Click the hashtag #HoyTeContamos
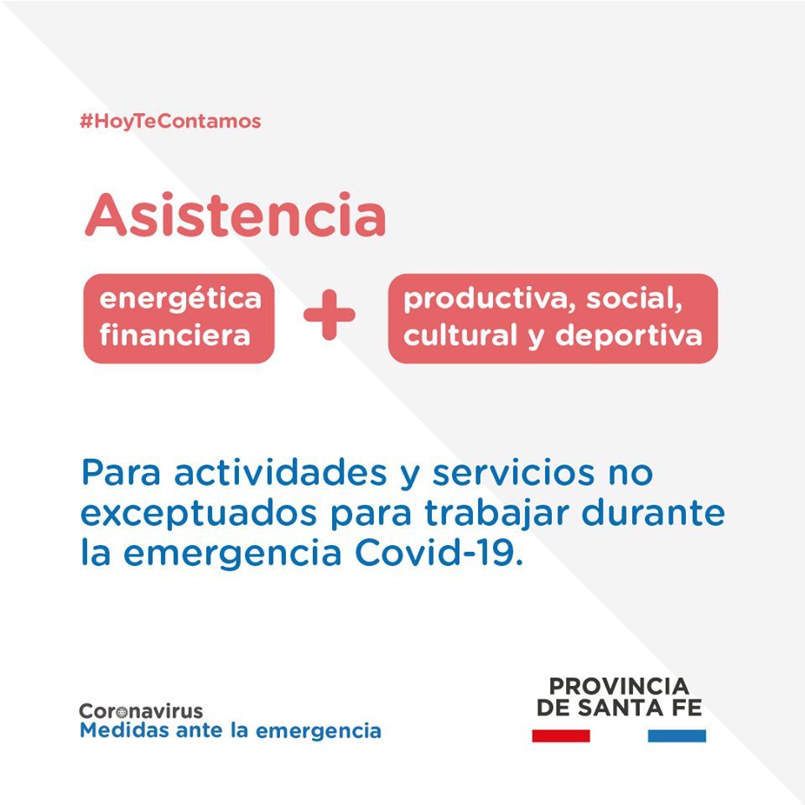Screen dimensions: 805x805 170,122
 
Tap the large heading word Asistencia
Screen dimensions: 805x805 235,215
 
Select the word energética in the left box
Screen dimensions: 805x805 180,299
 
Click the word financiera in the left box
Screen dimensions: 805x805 175,335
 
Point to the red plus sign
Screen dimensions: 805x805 329,314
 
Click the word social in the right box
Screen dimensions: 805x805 634,299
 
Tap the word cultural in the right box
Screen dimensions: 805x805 460,335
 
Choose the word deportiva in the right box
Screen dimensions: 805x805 628,336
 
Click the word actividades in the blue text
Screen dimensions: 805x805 281,472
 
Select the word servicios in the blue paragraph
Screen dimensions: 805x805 513,472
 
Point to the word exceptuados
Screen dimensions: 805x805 199,514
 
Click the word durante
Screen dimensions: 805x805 653,512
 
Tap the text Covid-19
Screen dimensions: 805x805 439,553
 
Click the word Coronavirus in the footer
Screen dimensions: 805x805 141,711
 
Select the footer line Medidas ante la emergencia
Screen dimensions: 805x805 231,730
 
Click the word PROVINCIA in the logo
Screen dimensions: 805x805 619,687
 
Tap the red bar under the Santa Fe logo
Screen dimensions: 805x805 561,735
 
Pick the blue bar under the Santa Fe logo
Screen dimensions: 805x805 677,735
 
